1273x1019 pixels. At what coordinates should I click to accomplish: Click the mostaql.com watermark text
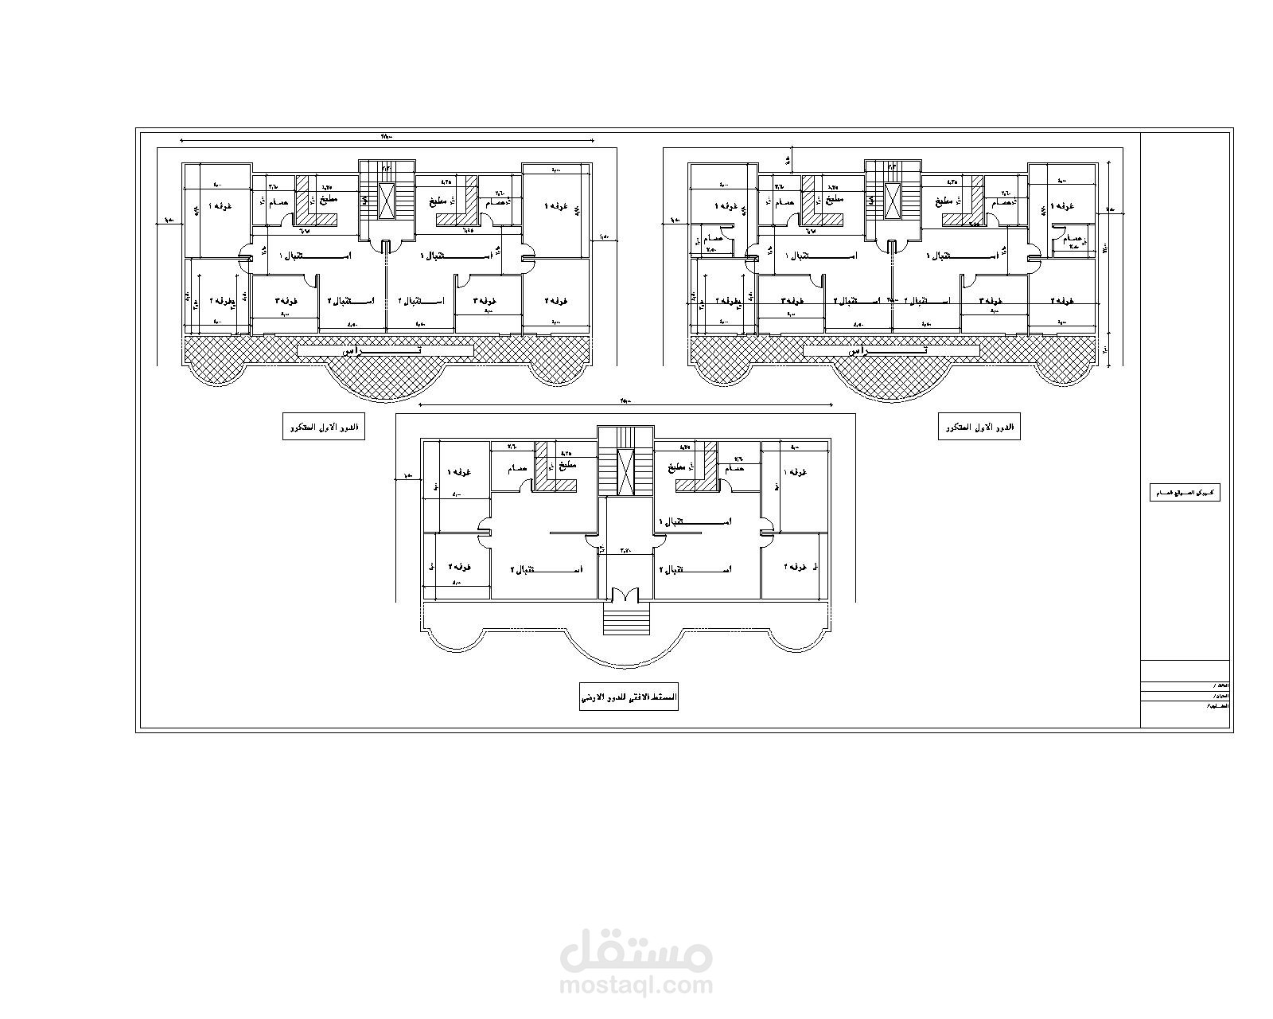636,986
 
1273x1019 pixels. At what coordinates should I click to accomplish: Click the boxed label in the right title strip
1186,493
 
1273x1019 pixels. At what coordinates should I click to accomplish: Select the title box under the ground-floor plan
629,697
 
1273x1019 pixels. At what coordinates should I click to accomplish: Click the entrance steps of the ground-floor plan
626,618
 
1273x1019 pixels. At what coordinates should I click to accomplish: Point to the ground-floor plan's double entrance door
626,595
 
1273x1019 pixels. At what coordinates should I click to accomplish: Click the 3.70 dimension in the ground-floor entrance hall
625,550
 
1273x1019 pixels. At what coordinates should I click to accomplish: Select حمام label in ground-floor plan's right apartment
734,469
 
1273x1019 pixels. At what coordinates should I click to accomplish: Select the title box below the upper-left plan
325,427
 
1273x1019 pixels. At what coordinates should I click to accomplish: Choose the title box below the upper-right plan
979,427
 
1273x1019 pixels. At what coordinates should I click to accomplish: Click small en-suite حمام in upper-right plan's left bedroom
714,239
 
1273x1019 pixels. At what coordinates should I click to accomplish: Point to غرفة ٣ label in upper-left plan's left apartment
286,301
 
